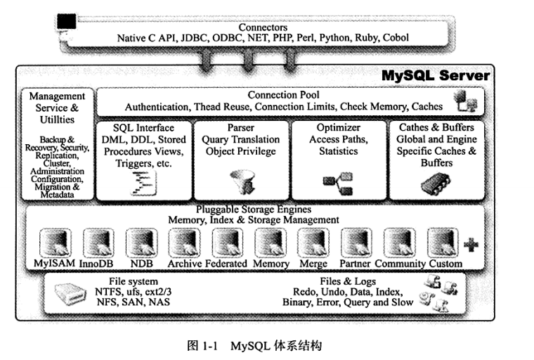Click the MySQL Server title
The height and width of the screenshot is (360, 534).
(x=436, y=75)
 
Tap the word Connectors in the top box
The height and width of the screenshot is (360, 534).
(x=263, y=27)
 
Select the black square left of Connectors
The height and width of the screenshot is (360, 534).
(x=67, y=21)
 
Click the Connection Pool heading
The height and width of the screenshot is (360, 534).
(x=283, y=95)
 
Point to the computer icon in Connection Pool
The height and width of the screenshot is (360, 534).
(x=465, y=101)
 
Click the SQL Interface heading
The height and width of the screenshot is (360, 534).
(x=143, y=128)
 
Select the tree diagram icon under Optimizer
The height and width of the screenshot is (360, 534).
(x=338, y=184)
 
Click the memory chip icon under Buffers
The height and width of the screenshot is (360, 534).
(x=436, y=184)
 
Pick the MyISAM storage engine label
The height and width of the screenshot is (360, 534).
(x=55, y=263)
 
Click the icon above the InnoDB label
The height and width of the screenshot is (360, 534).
(x=98, y=243)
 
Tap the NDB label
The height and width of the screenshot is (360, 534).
(x=142, y=264)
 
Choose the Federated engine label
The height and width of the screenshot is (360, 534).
(x=226, y=264)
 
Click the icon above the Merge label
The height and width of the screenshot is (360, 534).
(x=313, y=243)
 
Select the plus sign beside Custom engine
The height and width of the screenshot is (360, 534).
(x=471, y=245)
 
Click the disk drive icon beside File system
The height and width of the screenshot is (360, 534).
(x=70, y=293)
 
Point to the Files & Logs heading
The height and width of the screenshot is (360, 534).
(x=348, y=281)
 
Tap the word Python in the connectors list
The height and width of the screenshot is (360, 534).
(x=334, y=38)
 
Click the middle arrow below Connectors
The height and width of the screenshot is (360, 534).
(x=247, y=60)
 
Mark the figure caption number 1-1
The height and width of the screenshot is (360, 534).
(x=209, y=347)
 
